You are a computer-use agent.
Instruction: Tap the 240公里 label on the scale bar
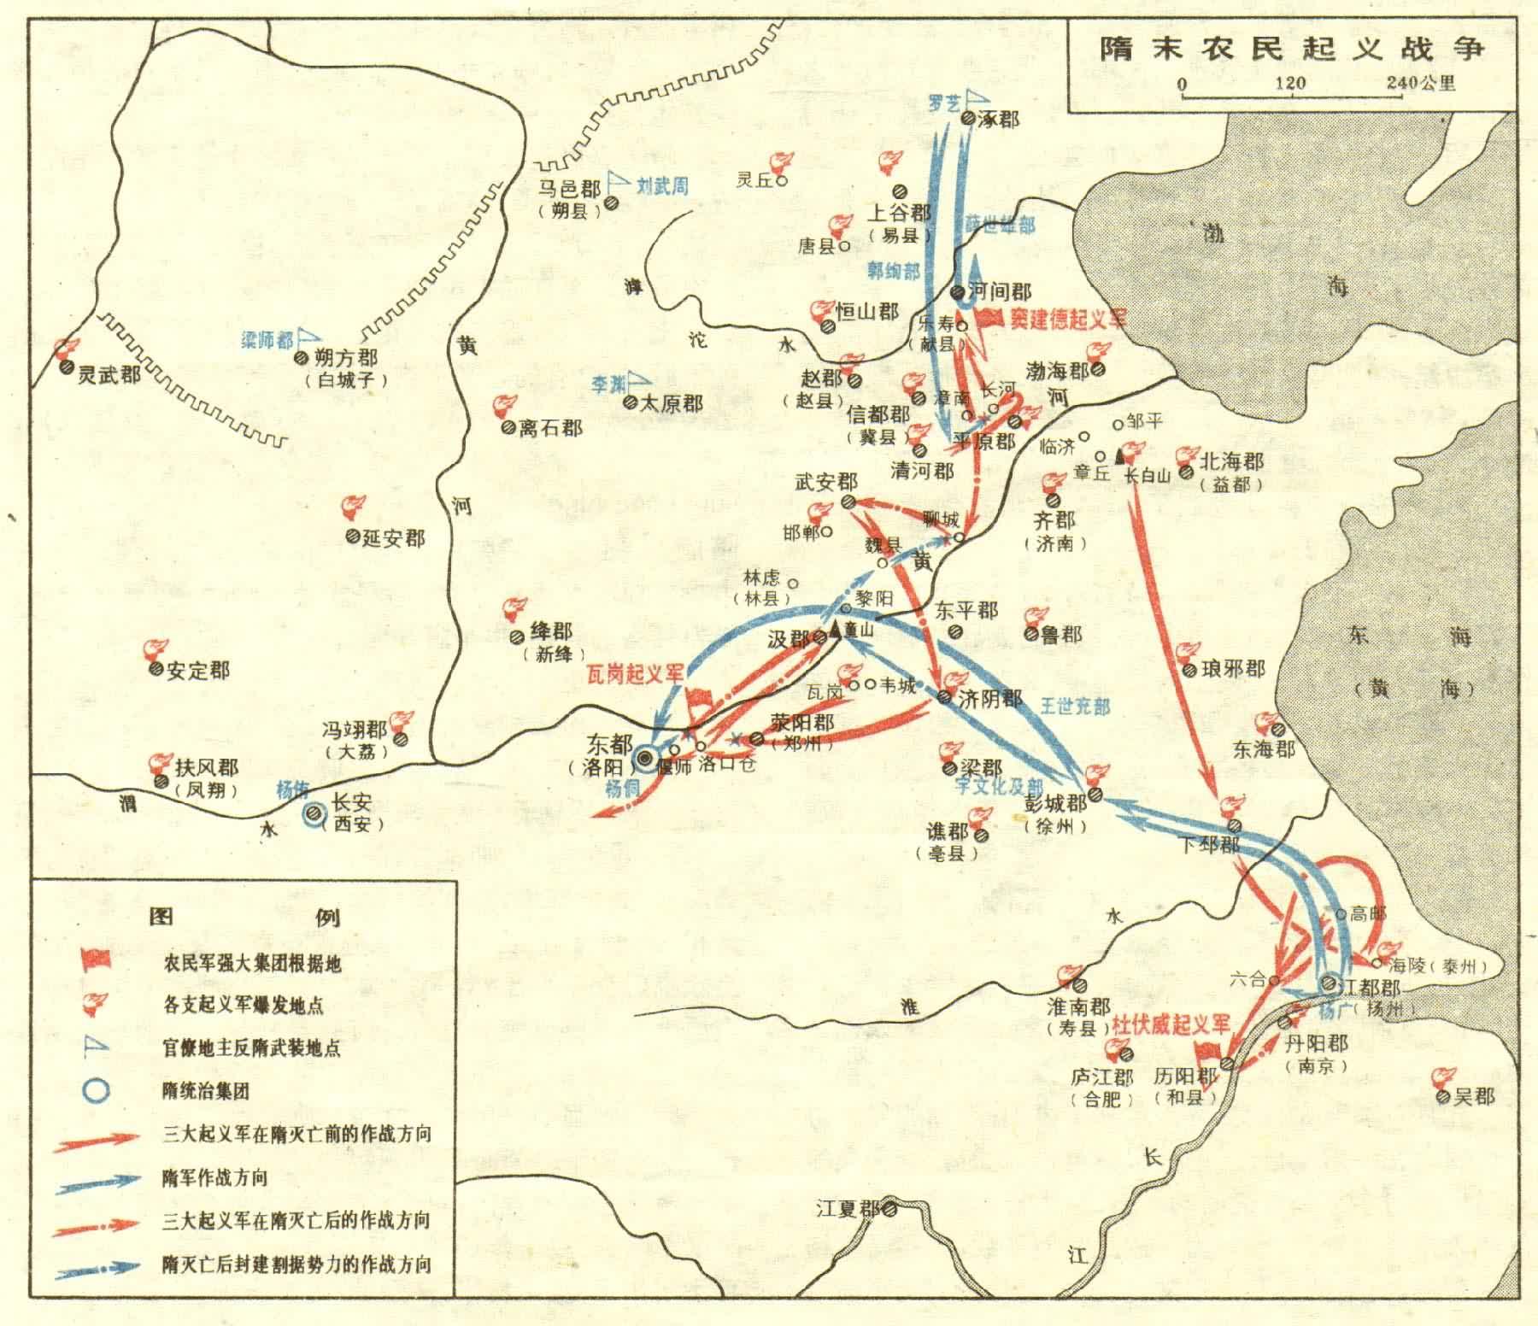tap(1422, 84)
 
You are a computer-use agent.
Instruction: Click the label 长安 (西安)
tap(352, 813)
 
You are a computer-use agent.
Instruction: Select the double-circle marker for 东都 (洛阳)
tap(644, 758)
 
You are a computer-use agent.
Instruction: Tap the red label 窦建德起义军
tap(1068, 319)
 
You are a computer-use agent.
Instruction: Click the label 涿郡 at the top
tap(998, 119)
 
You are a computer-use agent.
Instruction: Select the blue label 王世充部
tap(1075, 706)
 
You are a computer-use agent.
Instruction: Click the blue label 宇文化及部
tap(998, 786)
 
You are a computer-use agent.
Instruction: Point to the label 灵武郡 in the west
tap(108, 374)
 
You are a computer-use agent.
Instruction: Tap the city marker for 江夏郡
tap(889, 1210)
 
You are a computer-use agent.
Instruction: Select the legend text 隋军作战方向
tap(214, 1177)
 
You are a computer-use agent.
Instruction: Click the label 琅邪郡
tap(1233, 669)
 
